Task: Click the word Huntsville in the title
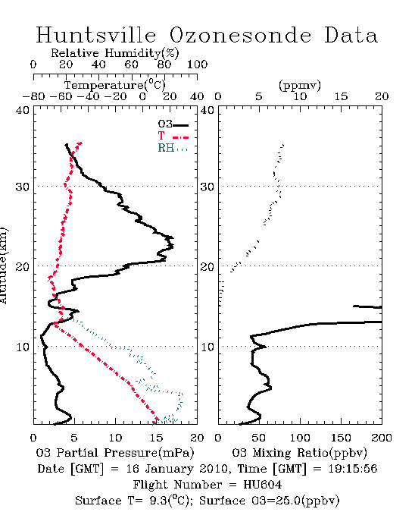[x=96, y=35]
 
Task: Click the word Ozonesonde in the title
[x=240, y=35]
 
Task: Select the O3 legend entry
[x=173, y=124]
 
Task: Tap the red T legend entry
[x=173, y=136]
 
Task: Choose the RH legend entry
[x=173, y=148]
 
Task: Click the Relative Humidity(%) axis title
[x=115, y=53]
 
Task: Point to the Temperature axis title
[x=115, y=85]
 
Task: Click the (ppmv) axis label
[x=300, y=85]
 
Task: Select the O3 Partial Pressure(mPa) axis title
[x=115, y=453]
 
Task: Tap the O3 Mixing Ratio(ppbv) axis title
[x=299, y=453]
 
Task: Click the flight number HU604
[x=262, y=485]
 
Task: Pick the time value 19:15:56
[x=353, y=469]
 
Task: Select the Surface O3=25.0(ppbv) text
[x=269, y=501]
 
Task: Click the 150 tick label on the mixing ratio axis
[x=341, y=438]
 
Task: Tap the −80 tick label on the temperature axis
[x=33, y=97]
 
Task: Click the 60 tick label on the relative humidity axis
[x=131, y=64]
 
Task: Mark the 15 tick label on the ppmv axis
[x=341, y=97]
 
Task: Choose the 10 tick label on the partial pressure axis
[x=115, y=438]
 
